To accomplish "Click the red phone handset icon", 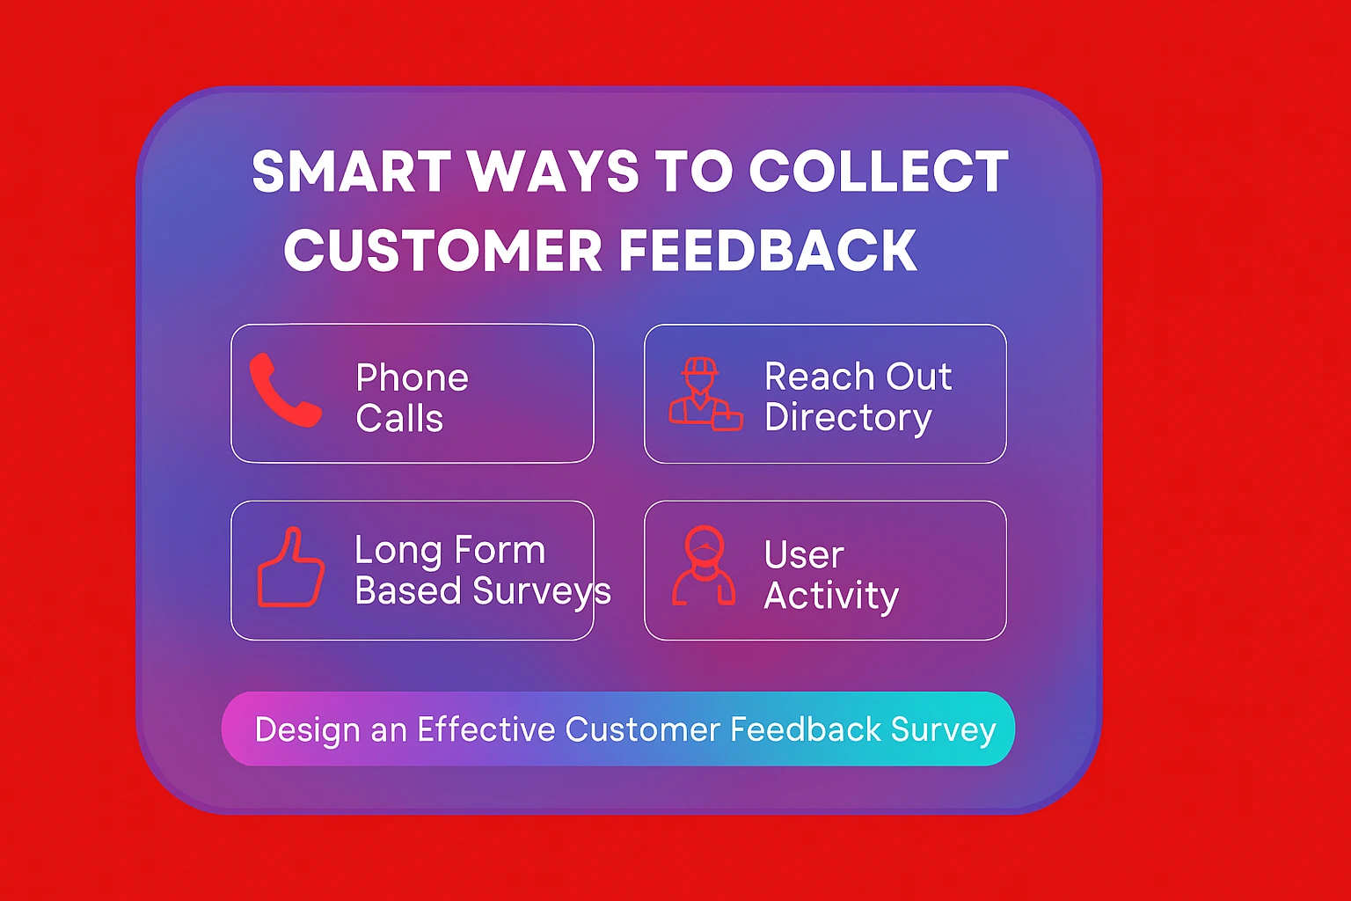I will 284,391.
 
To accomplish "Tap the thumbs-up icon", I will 290,568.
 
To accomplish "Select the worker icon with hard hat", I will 703,394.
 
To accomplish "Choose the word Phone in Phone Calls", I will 412,378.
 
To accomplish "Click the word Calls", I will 399,419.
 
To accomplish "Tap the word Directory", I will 848,418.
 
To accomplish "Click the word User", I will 804,555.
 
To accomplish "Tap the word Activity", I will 831,596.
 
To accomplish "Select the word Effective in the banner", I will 486,729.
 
